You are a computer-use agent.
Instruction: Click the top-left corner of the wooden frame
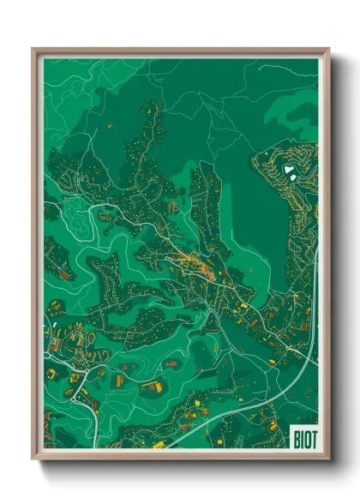click(x=33, y=50)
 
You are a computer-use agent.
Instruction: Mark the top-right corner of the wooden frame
click(x=328, y=50)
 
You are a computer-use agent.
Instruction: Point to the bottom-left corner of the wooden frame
click(x=33, y=458)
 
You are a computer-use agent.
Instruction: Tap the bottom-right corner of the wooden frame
click(x=328, y=458)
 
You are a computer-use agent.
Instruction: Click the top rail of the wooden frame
click(x=180, y=51)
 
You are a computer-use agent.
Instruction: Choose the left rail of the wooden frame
click(x=36, y=257)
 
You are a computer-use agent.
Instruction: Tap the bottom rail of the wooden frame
click(x=180, y=454)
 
